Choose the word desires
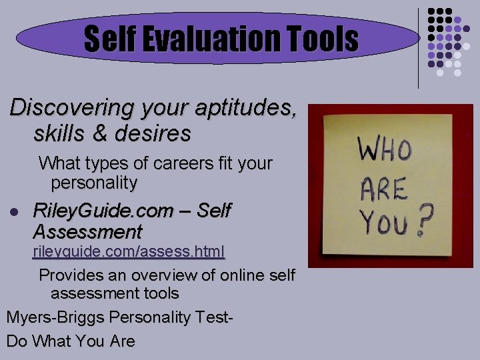pyautogui.click(x=161, y=133)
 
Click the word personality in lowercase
pyautogui.click(x=94, y=182)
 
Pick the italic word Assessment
pyautogui.click(x=87, y=232)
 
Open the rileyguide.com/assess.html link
pyautogui.click(x=129, y=251)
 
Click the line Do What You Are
pyautogui.click(x=71, y=341)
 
